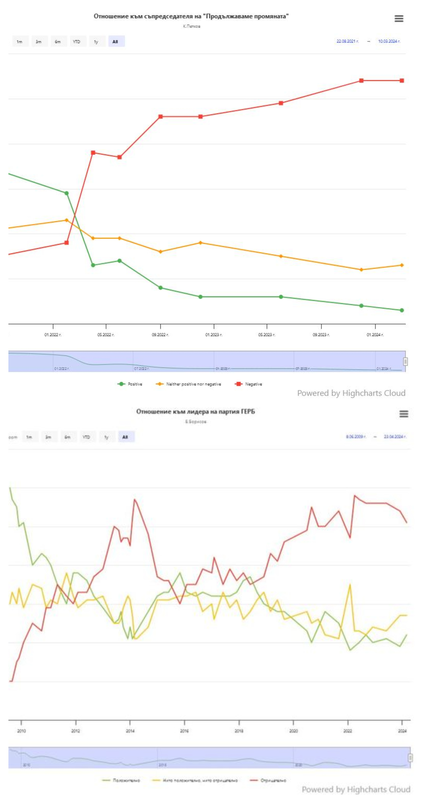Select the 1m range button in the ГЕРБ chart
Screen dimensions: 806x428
pos(29,437)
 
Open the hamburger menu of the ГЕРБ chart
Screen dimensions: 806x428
pos(404,414)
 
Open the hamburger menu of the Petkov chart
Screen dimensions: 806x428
pos(399,19)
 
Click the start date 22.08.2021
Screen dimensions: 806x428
pos(347,41)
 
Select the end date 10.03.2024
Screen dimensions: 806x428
pos(389,41)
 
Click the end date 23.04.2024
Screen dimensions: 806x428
pos(395,437)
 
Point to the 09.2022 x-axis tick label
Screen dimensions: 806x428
pos(160,335)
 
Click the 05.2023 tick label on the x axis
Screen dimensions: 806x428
pos(267,335)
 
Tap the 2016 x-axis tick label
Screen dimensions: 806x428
pos(184,731)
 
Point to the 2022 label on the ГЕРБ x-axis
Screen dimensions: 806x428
pos(347,731)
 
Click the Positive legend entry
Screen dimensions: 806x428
pos(135,384)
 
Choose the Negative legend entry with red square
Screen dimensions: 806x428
pos(253,384)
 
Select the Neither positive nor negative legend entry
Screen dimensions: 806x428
pos(193,384)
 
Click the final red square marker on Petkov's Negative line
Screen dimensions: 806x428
pos(402,81)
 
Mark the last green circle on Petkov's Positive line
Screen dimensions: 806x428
pos(402,310)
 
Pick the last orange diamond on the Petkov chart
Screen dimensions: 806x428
pos(402,265)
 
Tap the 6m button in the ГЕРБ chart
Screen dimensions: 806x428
pos(67,437)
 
